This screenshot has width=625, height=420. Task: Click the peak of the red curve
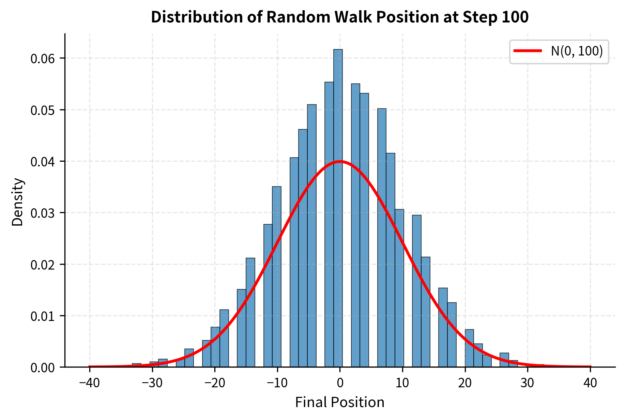pyautogui.click(x=340, y=161)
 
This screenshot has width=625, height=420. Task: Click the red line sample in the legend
pyautogui.click(x=528, y=51)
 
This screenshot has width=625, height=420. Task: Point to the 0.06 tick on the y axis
pyautogui.click(x=62, y=58)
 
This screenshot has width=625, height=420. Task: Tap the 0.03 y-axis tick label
pyautogui.click(x=43, y=213)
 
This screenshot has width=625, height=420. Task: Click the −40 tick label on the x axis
pyautogui.click(x=89, y=383)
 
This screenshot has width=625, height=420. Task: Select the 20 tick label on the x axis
pyautogui.click(x=465, y=383)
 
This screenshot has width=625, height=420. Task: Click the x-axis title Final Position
pyautogui.click(x=339, y=402)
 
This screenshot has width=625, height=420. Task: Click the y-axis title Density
pyautogui.click(x=18, y=202)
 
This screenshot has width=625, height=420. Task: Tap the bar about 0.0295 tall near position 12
pyautogui.click(x=416, y=289)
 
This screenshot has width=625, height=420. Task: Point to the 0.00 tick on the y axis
pyautogui.click(x=62, y=367)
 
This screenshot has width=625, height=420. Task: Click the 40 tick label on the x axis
pyautogui.click(x=590, y=383)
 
